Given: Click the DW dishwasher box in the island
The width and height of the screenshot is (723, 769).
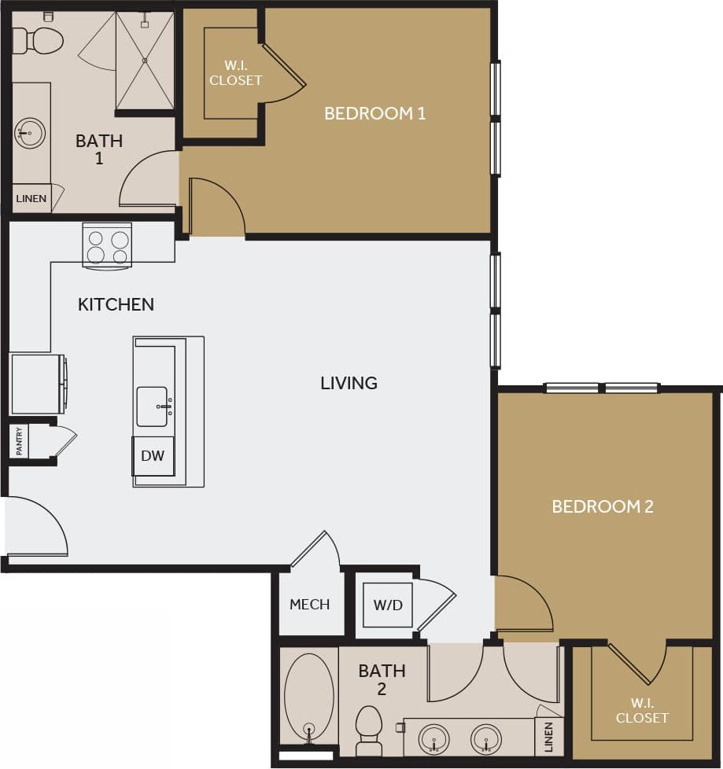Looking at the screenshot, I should point(153,456).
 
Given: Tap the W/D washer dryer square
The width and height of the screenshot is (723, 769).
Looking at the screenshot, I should point(388,605).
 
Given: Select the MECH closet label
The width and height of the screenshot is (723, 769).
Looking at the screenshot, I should point(309,605).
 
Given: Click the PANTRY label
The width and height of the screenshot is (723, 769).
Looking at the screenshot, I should point(19,442).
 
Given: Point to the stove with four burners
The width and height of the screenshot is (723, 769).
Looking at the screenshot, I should point(108,245).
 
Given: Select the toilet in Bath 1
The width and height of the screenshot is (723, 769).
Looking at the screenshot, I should point(39,40).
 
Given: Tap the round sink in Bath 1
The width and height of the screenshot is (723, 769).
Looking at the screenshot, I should point(30,134).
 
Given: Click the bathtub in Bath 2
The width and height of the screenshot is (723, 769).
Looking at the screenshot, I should point(308,697).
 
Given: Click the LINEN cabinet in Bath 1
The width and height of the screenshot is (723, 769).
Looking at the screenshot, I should point(31,199).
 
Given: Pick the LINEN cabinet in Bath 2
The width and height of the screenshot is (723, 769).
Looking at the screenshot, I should point(548,737).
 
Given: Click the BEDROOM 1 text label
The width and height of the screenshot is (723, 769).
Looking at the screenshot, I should point(375,113).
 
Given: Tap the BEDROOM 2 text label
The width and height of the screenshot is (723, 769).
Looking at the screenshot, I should point(603,506).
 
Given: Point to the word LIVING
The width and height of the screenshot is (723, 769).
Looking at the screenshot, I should point(349,383).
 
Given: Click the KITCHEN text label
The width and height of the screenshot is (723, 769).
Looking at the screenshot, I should point(116,304).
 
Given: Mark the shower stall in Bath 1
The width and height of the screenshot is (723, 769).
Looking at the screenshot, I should point(145,60).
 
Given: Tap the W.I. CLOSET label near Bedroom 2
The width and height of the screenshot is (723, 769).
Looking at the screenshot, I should point(642,711).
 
